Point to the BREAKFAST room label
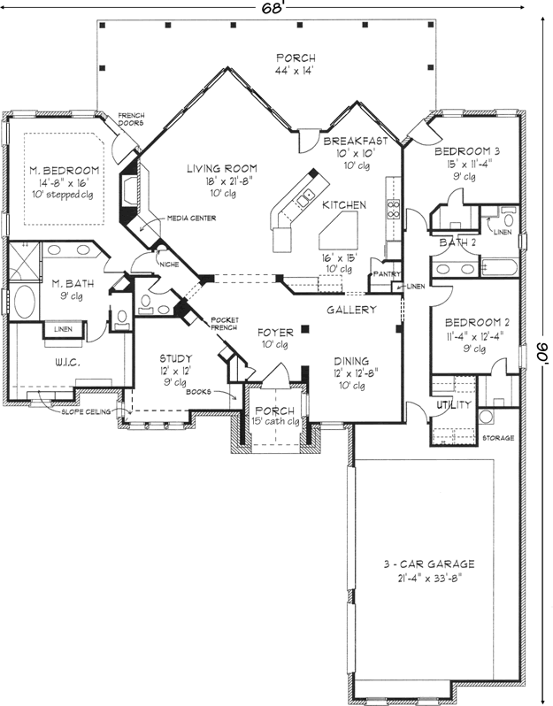click(356, 141)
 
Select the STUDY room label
click(175, 358)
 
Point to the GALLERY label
click(352, 310)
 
